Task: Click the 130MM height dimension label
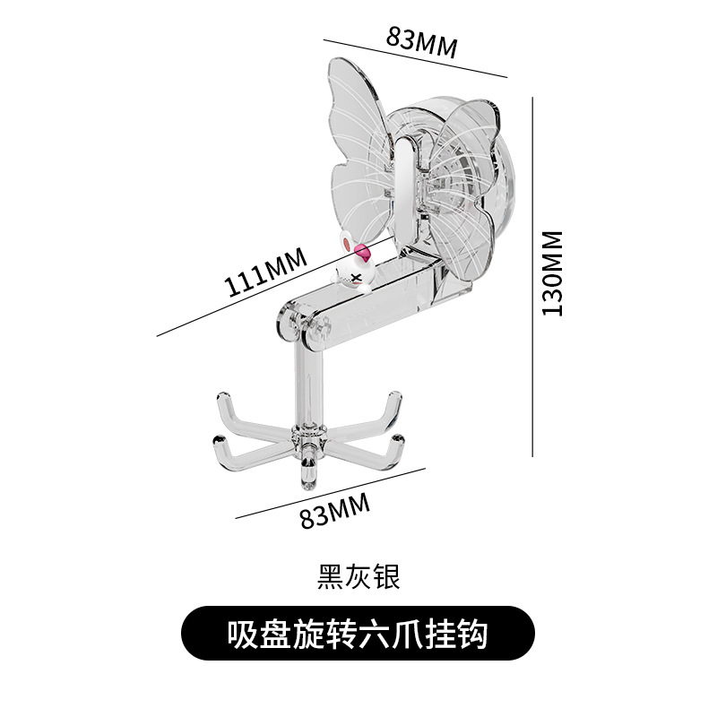pos(552,273)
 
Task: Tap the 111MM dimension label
pos(264,272)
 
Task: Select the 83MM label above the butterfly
pos(421,42)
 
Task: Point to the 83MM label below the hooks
pos(334,510)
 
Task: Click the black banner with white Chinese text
pos(358,634)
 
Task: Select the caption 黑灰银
pos(358,576)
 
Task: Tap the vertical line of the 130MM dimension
pos(532,277)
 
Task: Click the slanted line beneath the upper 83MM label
pos(415,58)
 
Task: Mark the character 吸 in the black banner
pos(243,634)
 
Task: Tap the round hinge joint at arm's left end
pos(290,323)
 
